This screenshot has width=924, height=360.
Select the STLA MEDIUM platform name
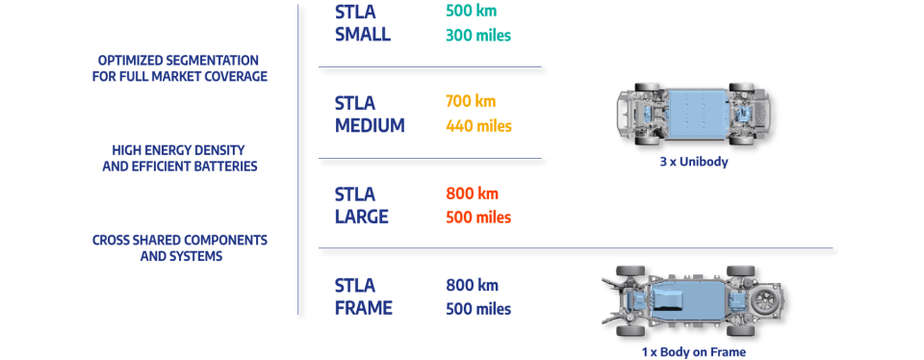click(370, 114)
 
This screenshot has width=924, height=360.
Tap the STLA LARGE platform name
click(362, 204)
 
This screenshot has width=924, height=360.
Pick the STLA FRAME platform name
click(364, 296)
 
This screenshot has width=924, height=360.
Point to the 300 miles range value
click(477, 36)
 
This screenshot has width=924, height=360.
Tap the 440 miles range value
click(478, 125)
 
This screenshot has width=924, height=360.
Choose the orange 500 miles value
click(478, 218)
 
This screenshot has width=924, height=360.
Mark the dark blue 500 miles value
click(478, 309)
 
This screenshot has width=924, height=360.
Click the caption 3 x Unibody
click(693, 163)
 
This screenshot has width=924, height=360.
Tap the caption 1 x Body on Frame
click(693, 352)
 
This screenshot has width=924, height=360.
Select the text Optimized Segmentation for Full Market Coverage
click(179, 67)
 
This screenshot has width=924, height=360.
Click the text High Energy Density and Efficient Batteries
click(179, 158)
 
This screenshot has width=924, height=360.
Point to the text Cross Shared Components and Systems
click(179, 247)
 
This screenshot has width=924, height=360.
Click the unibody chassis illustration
click(693, 113)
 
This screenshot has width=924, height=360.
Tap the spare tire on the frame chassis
click(766, 300)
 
